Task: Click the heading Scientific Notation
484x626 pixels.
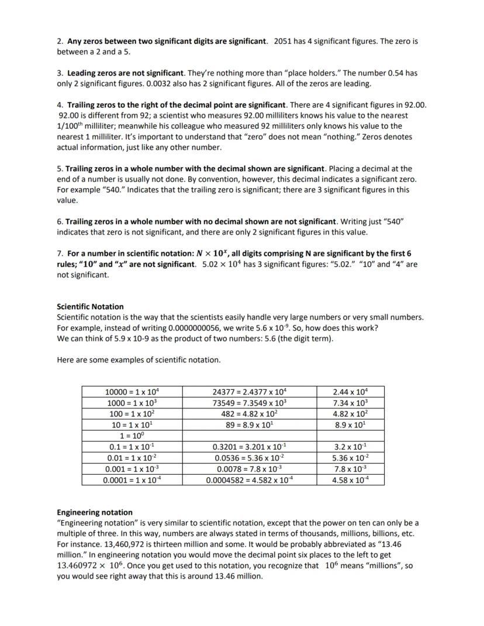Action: [90, 306]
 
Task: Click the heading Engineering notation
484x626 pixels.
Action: [94, 512]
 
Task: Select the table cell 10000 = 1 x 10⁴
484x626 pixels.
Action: [132, 392]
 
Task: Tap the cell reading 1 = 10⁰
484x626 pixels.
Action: [132, 435]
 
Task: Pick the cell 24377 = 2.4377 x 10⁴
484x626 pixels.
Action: [249, 392]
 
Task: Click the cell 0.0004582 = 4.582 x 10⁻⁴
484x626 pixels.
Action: [249, 480]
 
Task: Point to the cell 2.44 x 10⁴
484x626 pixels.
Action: [350, 392]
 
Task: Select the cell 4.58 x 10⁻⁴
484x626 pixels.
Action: [350, 480]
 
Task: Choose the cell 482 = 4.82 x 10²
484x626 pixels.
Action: [249, 414]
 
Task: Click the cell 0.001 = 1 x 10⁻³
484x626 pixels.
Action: [132, 469]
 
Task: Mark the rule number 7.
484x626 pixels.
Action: [60, 254]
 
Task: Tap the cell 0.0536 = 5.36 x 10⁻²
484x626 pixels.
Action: [249, 458]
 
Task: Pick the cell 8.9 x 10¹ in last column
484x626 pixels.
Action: [350, 425]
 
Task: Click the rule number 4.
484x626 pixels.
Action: [60, 105]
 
